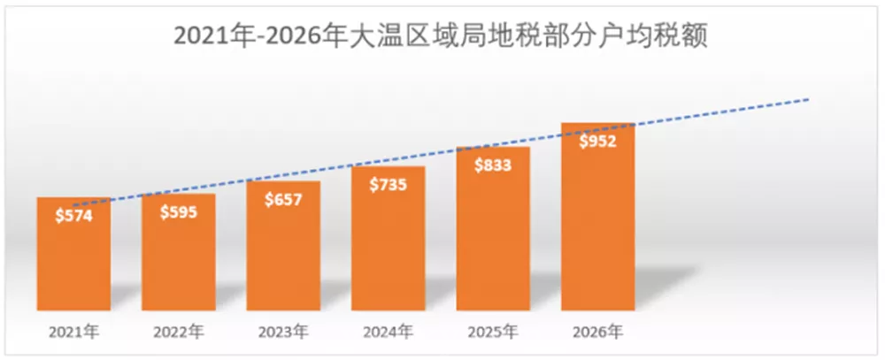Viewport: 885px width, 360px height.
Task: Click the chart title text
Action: click(x=442, y=37)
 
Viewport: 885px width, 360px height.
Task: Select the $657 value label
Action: click(x=283, y=199)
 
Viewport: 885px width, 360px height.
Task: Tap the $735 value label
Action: click(x=388, y=184)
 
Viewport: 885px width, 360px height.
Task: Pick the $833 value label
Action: click(x=493, y=165)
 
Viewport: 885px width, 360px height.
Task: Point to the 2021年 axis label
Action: click(x=74, y=333)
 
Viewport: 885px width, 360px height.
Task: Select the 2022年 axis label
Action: click(x=179, y=333)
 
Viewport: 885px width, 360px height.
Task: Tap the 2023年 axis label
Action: click(x=283, y=333)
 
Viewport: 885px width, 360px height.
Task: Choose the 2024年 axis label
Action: click(x=388, y=333)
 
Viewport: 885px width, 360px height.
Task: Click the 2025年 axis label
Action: click(x=493, y=333)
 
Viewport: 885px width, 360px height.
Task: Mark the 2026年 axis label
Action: click(x=598, y=333)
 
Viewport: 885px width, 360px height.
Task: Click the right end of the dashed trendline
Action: click(x=808, y=100)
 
